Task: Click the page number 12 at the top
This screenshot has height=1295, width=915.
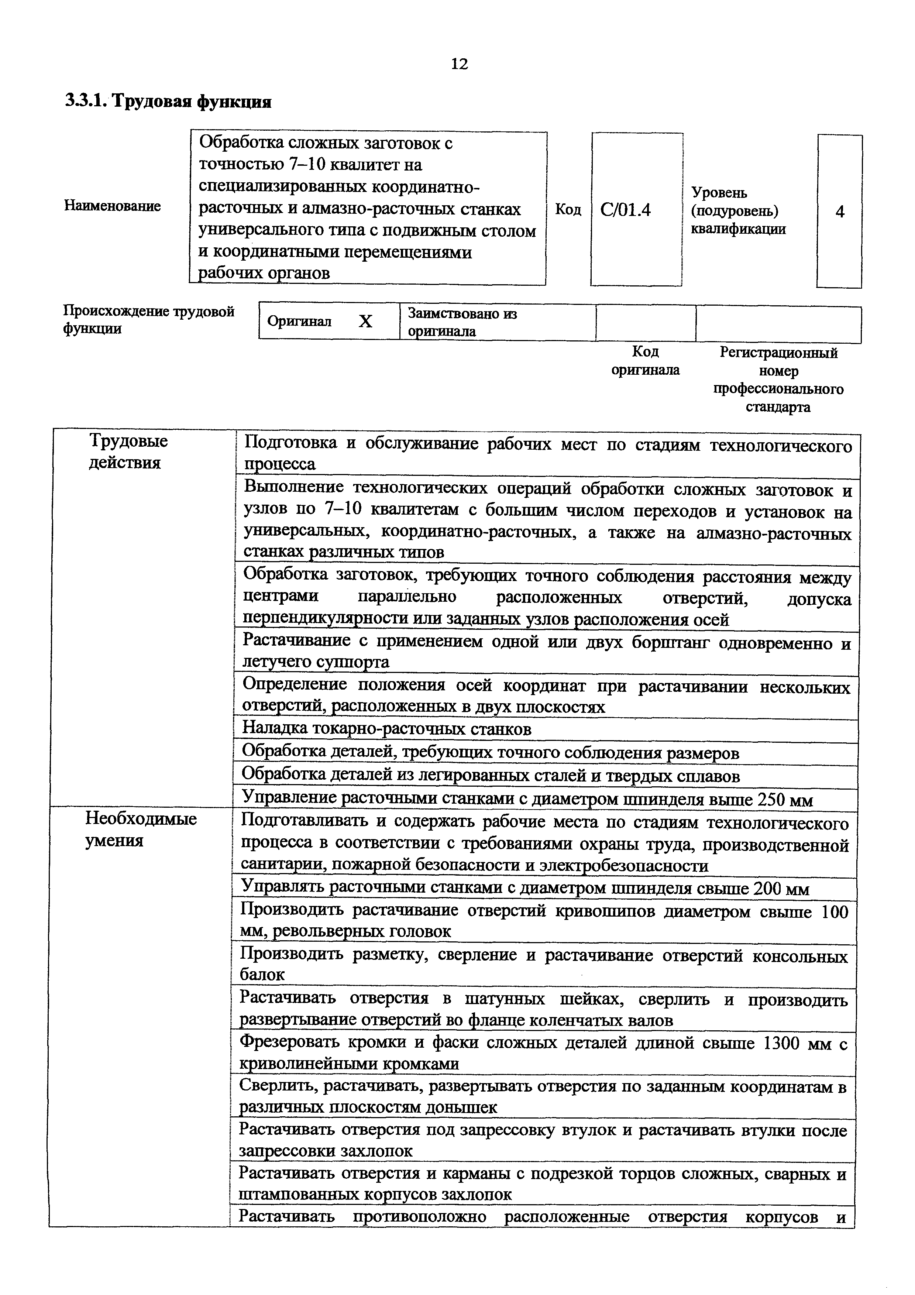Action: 460,64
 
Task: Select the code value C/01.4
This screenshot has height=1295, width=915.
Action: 626,210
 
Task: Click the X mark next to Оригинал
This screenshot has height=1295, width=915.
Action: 365,322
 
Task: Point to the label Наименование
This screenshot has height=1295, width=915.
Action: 112,206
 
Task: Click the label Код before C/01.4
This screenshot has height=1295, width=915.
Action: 568,210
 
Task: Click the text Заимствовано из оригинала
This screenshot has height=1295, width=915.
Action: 462,322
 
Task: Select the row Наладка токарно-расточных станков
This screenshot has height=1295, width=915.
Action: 387,729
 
